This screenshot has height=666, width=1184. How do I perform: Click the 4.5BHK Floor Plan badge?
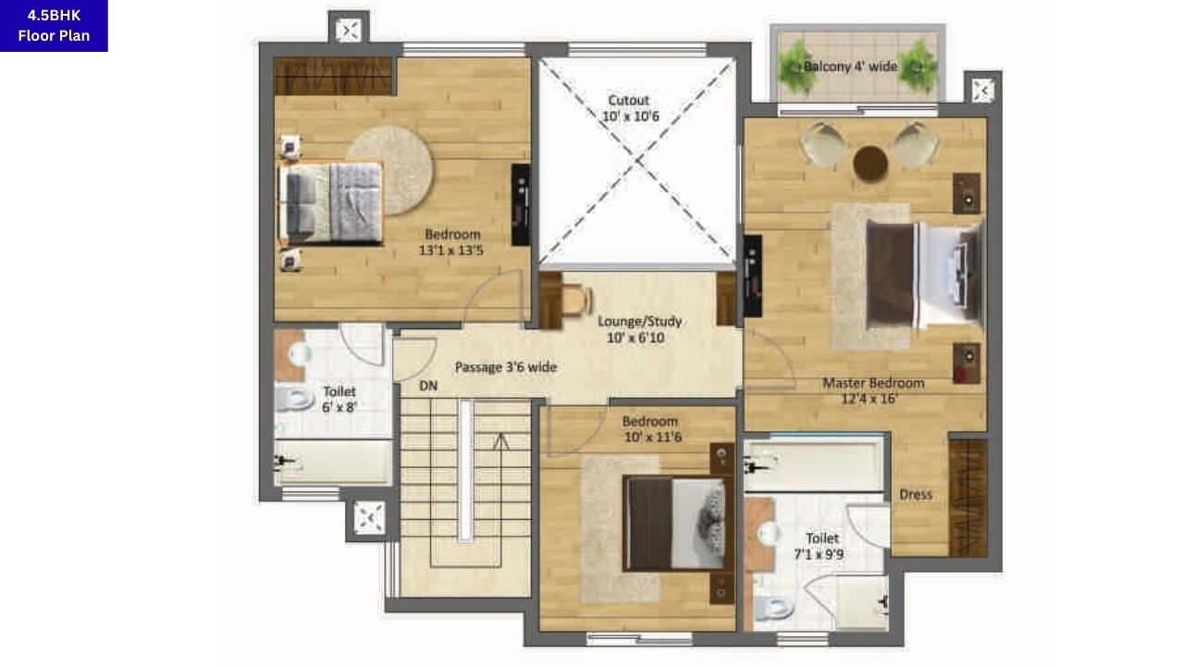click(54, 26)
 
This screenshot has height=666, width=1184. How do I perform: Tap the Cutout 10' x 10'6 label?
click(629, 108)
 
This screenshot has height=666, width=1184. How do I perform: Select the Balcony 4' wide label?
click(850, 67)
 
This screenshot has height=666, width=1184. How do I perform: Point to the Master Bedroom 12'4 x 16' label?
click(873, 391)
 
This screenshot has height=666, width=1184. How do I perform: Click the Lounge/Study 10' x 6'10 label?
click(639, 329)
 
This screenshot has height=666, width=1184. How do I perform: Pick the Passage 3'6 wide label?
click(505, 367)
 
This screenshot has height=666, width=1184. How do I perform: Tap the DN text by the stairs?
click(428, 385)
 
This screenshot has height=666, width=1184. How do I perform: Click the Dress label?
click(916, 494)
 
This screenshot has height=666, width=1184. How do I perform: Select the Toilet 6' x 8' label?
click(339, 400)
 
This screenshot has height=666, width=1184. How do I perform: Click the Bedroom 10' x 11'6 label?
click(649, 429)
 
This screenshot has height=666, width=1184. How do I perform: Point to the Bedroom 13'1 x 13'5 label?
click(453, 242)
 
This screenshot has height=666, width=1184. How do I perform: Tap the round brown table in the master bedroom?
click(870, 164)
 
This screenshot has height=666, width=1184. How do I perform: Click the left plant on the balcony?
click(795, 68)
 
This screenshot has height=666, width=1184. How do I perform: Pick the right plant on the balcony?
click(919, 66)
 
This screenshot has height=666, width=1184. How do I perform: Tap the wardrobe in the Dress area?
click(968, 498)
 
